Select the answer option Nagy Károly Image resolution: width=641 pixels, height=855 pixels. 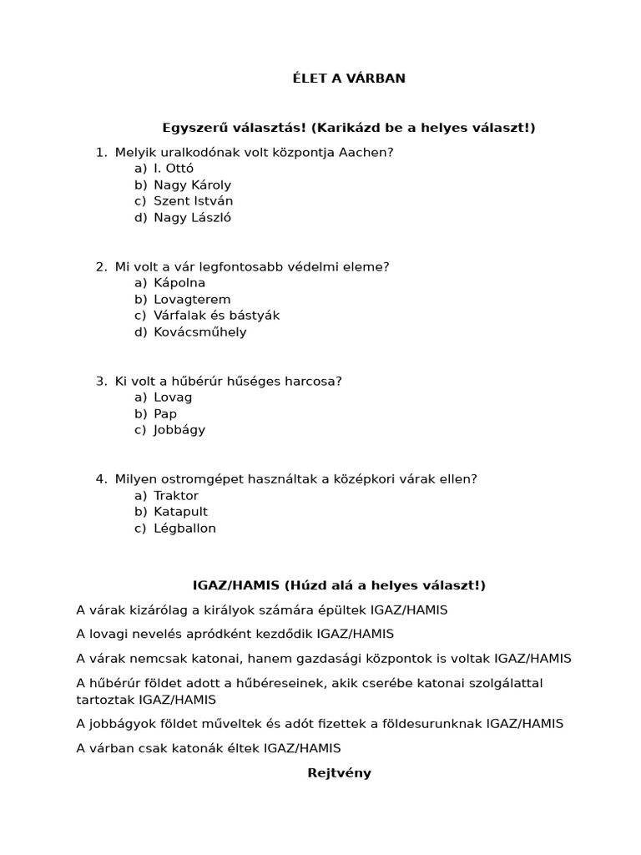[x=192, y=185]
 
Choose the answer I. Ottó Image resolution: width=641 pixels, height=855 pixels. [x=174, y=168]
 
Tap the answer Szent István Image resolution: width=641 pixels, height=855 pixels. [x=193, y=201]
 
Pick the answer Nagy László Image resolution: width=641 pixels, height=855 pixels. [x=192, y=218]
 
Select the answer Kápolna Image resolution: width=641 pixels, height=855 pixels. [x=179, y=283]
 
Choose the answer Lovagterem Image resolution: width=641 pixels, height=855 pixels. [x=192, y=300]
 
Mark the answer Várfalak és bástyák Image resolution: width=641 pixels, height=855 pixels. [x=216, y=316]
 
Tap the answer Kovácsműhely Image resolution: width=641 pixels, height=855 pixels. [x=200, y=332]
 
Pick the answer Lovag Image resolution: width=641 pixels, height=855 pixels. [x=173, y=397]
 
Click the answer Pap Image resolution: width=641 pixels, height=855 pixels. [x=165, y=414]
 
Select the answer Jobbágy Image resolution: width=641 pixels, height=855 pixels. [x=179, y=430]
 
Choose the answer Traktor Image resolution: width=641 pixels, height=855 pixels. [x=176, y=496]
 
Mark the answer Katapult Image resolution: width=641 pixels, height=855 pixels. [x=180, y=512]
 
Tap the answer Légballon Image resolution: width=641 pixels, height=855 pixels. [x=184, y=529]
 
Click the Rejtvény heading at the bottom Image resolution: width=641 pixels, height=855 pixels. [x=339, y=773]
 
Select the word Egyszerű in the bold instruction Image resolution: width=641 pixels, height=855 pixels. [x=190, y=128]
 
